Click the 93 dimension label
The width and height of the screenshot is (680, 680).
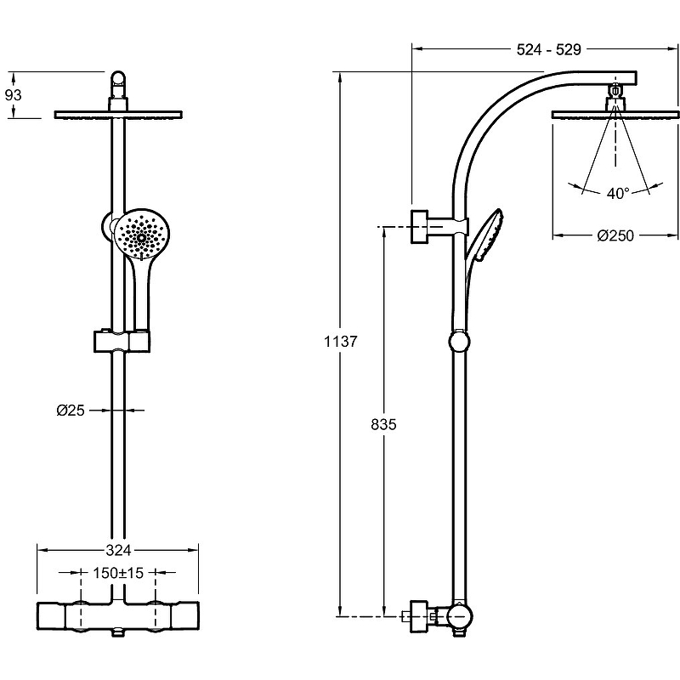click(x=14, y=96)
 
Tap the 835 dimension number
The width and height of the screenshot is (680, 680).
click(x=384, y=423)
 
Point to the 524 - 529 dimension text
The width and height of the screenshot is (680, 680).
click(x=548, y=49)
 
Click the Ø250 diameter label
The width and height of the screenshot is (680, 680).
click(x=615, y=236)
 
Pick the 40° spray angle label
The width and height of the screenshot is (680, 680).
click(x=618, y=194)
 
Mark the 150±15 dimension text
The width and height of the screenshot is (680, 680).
click(x=119, y=574)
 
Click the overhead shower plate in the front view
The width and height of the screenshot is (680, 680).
click(x=118, y=114)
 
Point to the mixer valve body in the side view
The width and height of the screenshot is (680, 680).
click(x=456, y=615)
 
